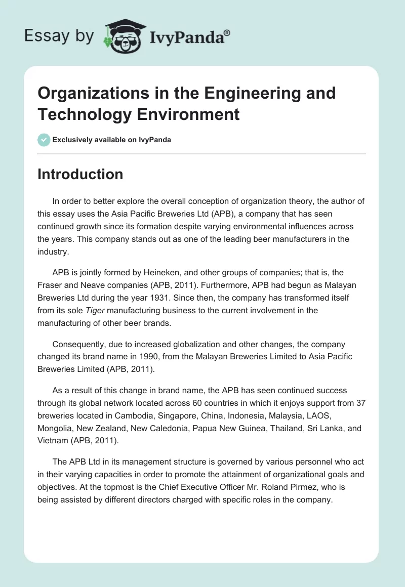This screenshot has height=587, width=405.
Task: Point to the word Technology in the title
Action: tap(84, 114)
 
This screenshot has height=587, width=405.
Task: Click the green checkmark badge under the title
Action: tap(44, 140)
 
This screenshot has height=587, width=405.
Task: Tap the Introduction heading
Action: tap(80, 174)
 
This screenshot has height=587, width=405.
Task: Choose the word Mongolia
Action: tap(54, 428)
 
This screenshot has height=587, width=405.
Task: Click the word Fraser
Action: tap(50, 285)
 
